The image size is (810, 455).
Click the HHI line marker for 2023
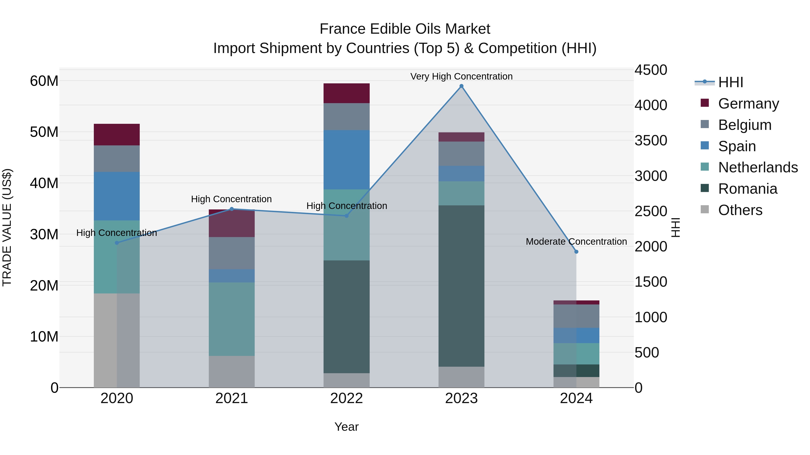[461, 86]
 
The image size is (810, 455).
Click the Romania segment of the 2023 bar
[461, 286]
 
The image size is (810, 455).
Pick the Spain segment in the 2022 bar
[346, 160]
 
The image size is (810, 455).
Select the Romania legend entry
[747, 189]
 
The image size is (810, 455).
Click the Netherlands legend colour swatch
[705, 167]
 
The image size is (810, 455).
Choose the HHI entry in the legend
[730, 82]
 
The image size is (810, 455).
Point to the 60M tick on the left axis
[44, 81]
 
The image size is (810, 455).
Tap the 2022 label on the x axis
[346, 398]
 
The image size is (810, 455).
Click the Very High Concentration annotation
[461, 76]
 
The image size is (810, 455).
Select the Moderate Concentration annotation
[576, 242]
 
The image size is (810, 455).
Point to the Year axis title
[346, 427]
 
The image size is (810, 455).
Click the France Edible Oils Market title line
[405, 29]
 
